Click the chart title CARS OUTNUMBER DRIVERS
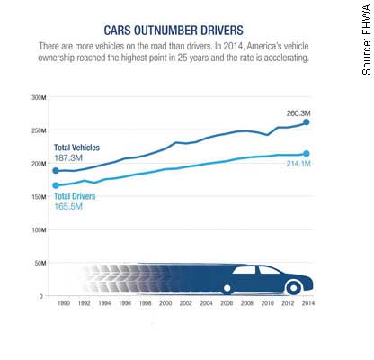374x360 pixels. click(x=174, y=31)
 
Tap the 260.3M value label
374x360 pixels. click(x=298, y=113)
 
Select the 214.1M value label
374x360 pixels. click(x=298, y=164)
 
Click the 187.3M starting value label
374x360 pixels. click(x=68, y=158)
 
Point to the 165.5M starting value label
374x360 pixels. click(x=68, y=207)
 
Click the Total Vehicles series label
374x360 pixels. click(x=76, y=148)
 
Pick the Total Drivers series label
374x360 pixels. click(x=75, y=196)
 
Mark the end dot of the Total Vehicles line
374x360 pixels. click(x=307, y=122)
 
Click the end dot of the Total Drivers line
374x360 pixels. click(x=307, y=154)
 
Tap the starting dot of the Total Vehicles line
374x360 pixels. click(x=56, y=171)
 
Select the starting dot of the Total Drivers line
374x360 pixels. click(x=56, y=185)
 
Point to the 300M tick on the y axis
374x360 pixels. click(x=39, y=98)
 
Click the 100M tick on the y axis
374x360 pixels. click(x=39, y=230)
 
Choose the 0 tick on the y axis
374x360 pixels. click(x=41, y=296)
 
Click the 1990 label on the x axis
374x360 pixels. click(x=64, y=303)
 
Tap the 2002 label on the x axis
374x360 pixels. click(x=186, y=303)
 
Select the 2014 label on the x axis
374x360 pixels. click(x=308, y=303)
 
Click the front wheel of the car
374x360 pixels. click(x=294, y=288)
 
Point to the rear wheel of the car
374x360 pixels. click(x=227, y=288)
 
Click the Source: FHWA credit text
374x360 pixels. click(x=367, y=40)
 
